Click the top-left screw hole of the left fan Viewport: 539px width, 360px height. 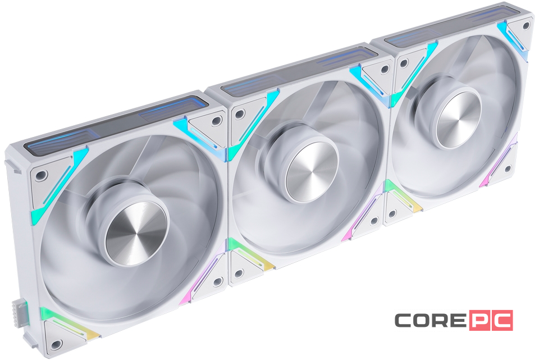point(42,175)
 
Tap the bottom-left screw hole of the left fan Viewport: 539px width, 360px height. point(56,344)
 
